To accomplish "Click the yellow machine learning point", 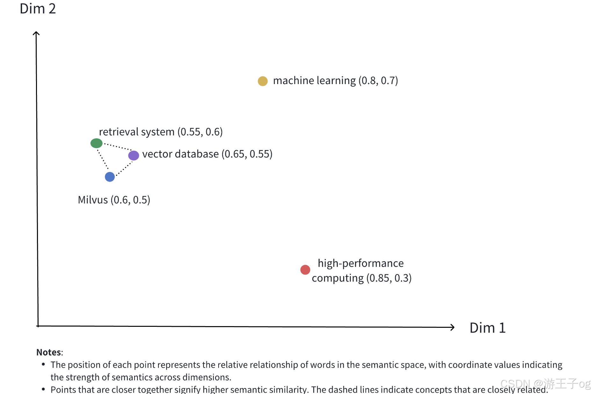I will pos(263,81).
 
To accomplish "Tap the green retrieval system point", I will pos(96,143).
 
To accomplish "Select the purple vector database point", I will pos(134,155).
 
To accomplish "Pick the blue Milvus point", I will pos(110,177).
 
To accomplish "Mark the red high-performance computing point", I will pos(305,270).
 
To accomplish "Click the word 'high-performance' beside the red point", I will pos(360,263).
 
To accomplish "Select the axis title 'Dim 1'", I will pos(487,328).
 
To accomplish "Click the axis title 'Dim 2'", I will pos(38,9).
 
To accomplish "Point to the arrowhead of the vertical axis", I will pos(36,33).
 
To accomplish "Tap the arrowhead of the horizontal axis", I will pos(452,327).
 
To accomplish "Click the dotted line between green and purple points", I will pos(117,147).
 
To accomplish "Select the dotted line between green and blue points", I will pos(103,159).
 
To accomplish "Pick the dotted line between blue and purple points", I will pos(124,169).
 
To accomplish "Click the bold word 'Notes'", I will pos(49,352).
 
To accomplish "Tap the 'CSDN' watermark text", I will pos(515,383).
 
